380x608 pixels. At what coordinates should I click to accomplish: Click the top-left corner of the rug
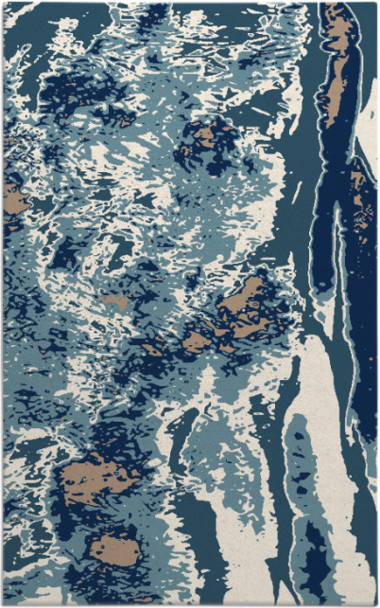(x=3, y=3)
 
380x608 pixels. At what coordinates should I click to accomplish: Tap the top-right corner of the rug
(x=376, y=3)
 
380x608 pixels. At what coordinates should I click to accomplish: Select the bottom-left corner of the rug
(x=3, y=604)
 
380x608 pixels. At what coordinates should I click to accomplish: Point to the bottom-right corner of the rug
(x=376, y=604)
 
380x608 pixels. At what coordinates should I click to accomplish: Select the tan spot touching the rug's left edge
(x=13, y=199)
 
